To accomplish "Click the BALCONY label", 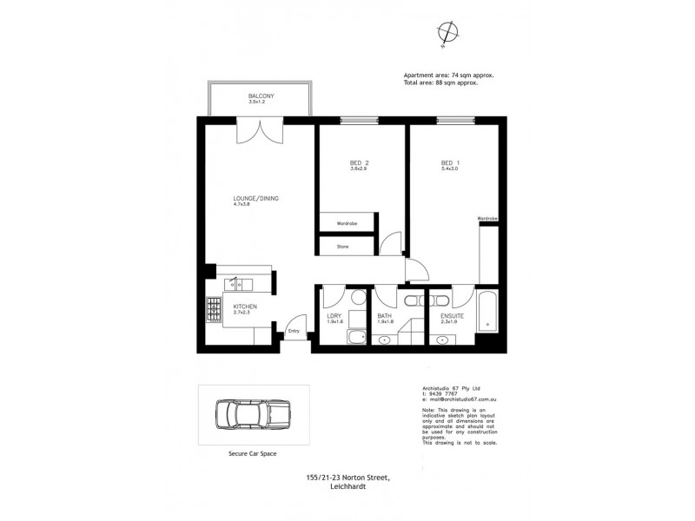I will point(261,96).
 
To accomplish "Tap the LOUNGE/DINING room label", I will point(255,199).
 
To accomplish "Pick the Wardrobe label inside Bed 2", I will point(347,224).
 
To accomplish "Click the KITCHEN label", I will point(245,307).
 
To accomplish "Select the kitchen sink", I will point(235,283).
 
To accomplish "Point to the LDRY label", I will point(334,316).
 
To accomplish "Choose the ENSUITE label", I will point(451,316).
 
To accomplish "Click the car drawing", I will point(252,415).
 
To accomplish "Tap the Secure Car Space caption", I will point(252,453).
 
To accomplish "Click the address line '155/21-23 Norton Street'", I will point(347,477).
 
